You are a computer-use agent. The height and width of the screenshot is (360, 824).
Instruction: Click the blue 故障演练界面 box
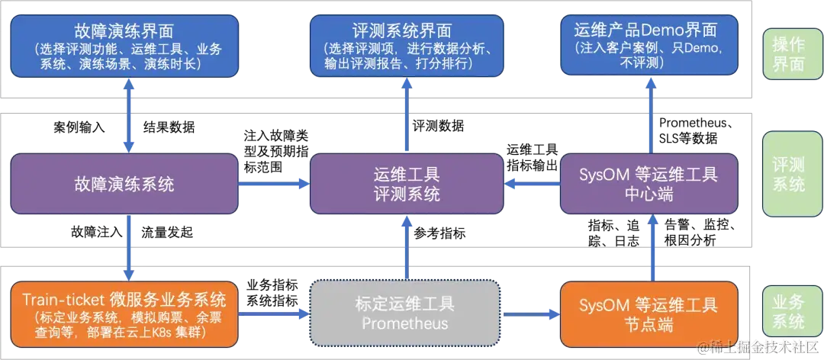(124, 46)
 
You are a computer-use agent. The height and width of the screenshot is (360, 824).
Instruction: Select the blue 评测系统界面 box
(407, 46)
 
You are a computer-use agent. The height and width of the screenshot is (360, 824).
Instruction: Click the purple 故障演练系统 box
(124, 184)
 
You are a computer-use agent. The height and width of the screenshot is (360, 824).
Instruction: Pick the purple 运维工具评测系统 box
(407, 184)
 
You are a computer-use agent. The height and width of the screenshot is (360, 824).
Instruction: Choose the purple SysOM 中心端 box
(649, 184)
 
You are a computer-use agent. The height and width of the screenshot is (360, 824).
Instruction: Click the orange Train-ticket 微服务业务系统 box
(124, 313)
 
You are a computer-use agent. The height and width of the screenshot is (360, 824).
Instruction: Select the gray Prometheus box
(404, 313)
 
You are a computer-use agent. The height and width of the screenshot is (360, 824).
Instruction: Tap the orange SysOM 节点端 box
(649, 313)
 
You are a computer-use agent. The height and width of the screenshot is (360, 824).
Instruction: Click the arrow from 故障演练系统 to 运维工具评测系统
(273, 184)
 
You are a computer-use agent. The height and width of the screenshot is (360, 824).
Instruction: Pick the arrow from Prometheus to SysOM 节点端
(529, 313)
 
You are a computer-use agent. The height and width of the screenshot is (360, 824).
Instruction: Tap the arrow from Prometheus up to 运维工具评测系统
(407, 248)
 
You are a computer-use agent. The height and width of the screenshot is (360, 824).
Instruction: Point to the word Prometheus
(404, 323)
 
